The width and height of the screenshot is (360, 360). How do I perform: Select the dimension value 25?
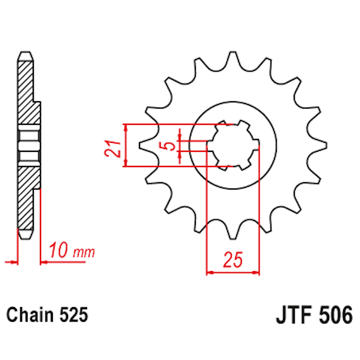(233, 260)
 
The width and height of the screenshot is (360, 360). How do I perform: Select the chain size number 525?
(73, 316)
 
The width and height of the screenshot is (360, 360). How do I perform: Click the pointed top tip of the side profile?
(24, 53)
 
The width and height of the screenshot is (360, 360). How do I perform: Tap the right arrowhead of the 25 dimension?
(257, 273)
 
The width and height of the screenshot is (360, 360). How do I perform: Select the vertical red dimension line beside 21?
(126, 145)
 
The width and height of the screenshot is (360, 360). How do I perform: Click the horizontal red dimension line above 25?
(233, 273)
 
